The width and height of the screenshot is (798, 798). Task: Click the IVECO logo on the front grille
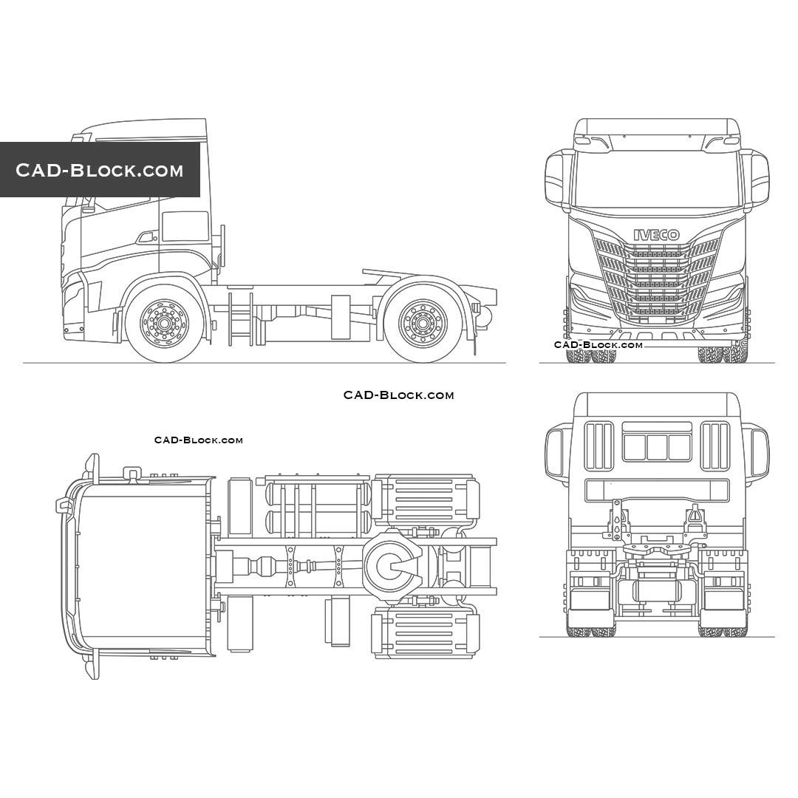656,235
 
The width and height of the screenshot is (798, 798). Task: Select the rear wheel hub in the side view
422,323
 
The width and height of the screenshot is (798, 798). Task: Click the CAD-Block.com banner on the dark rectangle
100,170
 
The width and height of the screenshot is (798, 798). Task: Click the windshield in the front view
656,181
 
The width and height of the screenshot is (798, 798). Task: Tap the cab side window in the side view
185,226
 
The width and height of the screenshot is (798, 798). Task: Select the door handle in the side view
146,237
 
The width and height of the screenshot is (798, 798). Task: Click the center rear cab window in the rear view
657,447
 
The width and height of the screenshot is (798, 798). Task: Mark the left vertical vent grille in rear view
599,446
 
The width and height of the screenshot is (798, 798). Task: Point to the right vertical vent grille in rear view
715,446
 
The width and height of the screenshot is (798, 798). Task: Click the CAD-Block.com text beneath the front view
598,345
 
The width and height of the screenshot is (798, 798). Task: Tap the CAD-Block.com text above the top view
198,440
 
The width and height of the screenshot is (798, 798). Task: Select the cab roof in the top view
140,565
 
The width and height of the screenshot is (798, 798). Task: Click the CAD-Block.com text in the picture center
398,395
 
